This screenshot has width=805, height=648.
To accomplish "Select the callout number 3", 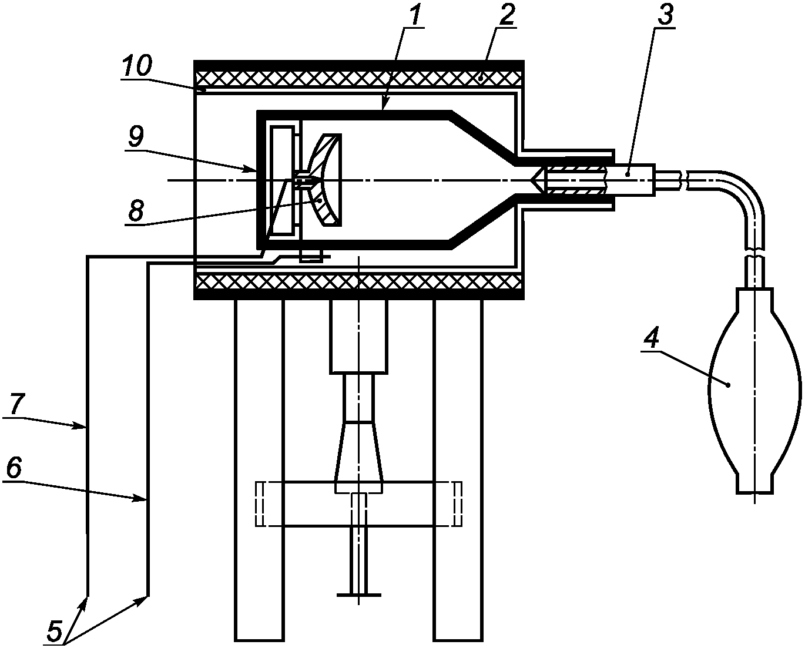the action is click(666, 15).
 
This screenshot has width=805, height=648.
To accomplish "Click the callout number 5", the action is click(55, 630).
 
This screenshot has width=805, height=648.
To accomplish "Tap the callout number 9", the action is click(135, 137).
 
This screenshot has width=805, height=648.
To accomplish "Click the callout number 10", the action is click(137, 66).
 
